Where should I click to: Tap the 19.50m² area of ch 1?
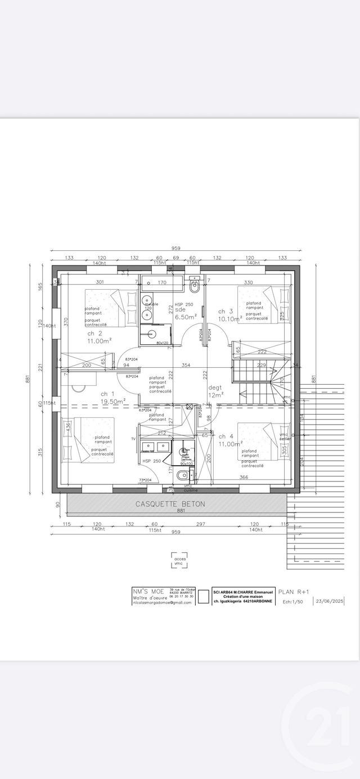click(113, 402)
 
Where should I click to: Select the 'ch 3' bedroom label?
click(226, 311)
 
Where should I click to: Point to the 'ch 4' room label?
click(226, 436)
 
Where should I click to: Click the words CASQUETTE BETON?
click(170, 505)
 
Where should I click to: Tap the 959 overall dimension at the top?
click(176, 249)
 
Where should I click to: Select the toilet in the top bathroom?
click(195, 286)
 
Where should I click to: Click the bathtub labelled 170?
click(161, 282)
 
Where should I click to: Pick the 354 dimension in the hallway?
click(186, 366)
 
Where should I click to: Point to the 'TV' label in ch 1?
click(133, 438)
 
